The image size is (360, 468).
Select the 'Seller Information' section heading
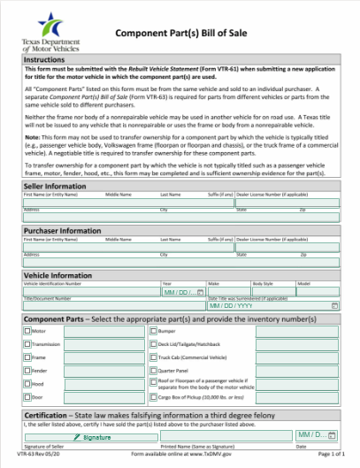pyautogui.click(x=55, y=187)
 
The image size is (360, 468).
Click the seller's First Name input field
pyautogui.click(x=62, y=203)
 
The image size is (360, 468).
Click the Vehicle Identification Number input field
pyautogui.click(x=89, y=291)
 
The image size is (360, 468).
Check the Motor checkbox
pyautogui.click(x=27, y=331)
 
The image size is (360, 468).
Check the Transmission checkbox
pyautogui.click(x=27, y=345)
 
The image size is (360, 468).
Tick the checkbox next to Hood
pyautogui.click(x=27, y=385)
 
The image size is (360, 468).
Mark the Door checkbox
pyautogui.click(x=27, y=398)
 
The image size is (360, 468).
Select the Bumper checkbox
pyautogui.click(x=152, y=331)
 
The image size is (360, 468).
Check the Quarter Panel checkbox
pyautogui.click(x=152, y=372)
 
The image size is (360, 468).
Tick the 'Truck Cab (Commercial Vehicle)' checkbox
pyautogui.click(x=152, y=358)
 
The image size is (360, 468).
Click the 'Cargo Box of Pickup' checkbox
pyautogui.click(x=152, y=399)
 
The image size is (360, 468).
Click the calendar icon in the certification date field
pyautogui.click(x=331, y=435)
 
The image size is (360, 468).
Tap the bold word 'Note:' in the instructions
pyautogui.click(x=31, y=136)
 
